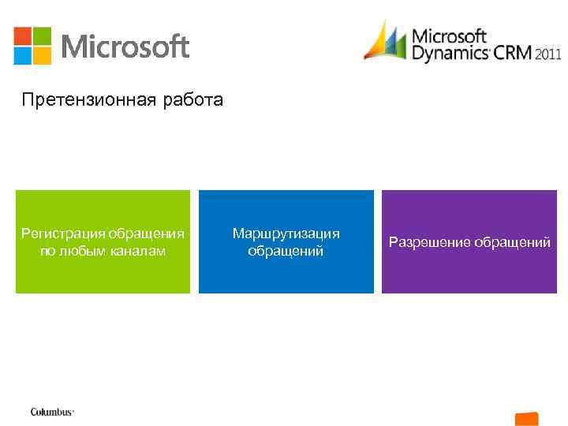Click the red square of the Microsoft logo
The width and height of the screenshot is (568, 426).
pos(23,36)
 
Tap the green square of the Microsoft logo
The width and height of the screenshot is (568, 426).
pos(42,36)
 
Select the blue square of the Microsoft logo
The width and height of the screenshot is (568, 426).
pos(23,55)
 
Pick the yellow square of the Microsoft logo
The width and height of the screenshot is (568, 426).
pos(42,55)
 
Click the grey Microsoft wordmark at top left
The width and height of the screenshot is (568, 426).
pos(125,47)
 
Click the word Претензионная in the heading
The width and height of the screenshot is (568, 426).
pos(73,100)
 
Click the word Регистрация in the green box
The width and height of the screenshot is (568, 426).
pos(63,234)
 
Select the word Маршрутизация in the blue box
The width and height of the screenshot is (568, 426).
pos(286,234)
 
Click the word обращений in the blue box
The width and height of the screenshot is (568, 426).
pos(286,251)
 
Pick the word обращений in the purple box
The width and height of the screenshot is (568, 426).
pos(513,242)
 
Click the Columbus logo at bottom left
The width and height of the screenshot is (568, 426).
pos(52,412)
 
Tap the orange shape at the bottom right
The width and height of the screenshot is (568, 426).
pos(526,418)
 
